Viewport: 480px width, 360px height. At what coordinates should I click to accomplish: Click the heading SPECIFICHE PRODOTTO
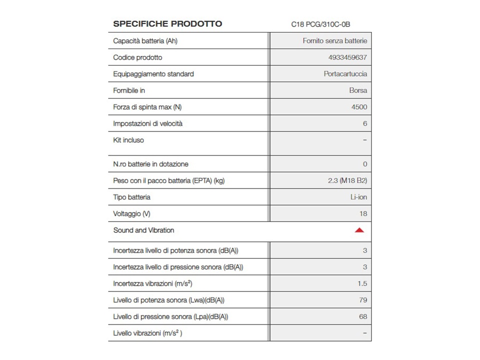point(167,24)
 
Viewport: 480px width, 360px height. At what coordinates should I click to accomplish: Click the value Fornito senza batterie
point(334,41)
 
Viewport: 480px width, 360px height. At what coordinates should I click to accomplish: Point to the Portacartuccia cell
point(345,74)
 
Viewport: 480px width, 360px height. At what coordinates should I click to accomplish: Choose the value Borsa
point(358,90)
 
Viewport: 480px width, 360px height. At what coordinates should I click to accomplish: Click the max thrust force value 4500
point(359,107)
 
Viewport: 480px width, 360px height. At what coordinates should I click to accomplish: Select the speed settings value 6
point(365,123)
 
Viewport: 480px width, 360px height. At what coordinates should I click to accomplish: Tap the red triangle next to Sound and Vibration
point(359,230)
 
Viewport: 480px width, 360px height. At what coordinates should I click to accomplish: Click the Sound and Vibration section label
point(143,230)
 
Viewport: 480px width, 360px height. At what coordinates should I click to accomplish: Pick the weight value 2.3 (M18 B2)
point(347,180)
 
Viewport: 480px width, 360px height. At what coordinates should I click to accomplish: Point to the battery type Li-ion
point(358,197)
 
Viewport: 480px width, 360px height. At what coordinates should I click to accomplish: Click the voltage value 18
point(363,213)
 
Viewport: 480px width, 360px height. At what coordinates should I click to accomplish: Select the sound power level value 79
point(363,300)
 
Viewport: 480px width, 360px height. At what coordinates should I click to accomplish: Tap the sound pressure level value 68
point(363,316)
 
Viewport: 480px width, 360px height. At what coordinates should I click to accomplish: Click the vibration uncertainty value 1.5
point(362,283)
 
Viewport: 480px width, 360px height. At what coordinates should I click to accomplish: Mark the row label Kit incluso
point(128,140)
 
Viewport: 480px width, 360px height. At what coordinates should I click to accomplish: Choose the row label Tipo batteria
point(131,197)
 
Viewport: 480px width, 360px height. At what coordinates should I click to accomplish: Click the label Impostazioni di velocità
point(147,123)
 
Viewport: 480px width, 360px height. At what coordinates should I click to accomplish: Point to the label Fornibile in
point(129,90)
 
